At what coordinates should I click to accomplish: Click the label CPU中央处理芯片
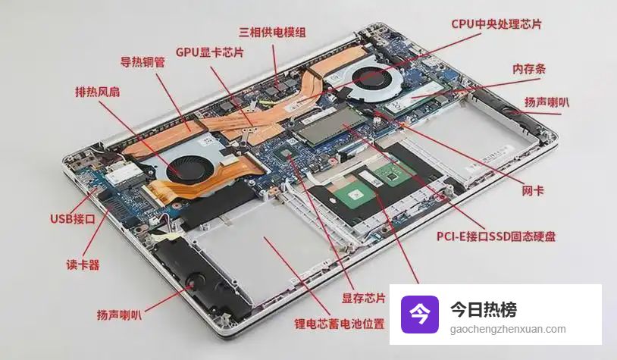[496, 24]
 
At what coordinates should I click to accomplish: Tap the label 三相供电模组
[272, 32]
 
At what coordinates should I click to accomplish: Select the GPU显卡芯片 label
[210, 52]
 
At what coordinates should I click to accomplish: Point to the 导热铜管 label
[143, 62]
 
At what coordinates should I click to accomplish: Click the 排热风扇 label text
[98, 92]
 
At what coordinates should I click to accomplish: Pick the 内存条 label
[529, 69]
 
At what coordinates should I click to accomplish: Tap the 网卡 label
[532, 191]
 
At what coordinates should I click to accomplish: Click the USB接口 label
[73, 219]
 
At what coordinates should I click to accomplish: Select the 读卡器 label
[83, 265]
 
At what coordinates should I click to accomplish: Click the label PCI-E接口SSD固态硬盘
[496, 236]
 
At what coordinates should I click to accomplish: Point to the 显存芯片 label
[364, 298]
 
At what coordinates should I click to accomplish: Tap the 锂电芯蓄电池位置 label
[339, 324]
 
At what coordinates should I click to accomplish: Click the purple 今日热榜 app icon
[420, 315]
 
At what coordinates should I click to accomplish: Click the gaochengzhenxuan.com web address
[508, 329]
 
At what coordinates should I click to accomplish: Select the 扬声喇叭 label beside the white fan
[547, 102]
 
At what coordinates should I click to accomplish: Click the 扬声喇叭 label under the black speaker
[119, 315]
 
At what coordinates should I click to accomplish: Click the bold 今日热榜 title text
[484, 309]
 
